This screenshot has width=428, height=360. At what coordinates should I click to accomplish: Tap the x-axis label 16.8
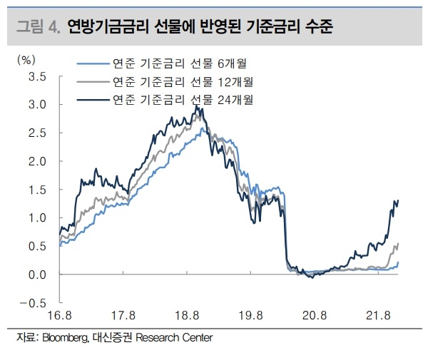pyautogui.click(x=61, y=315)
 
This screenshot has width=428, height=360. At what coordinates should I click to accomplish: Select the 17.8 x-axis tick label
pyautogui.click(x=124, y=315)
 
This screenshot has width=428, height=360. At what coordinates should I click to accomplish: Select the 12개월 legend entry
pyautogui.click(x=181, y=81)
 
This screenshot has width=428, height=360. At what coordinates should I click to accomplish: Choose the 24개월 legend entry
pyautogui.click(x=181, y=98)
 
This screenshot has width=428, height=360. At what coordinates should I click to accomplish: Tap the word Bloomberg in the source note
pyautogui.click(x=66, y=337)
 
